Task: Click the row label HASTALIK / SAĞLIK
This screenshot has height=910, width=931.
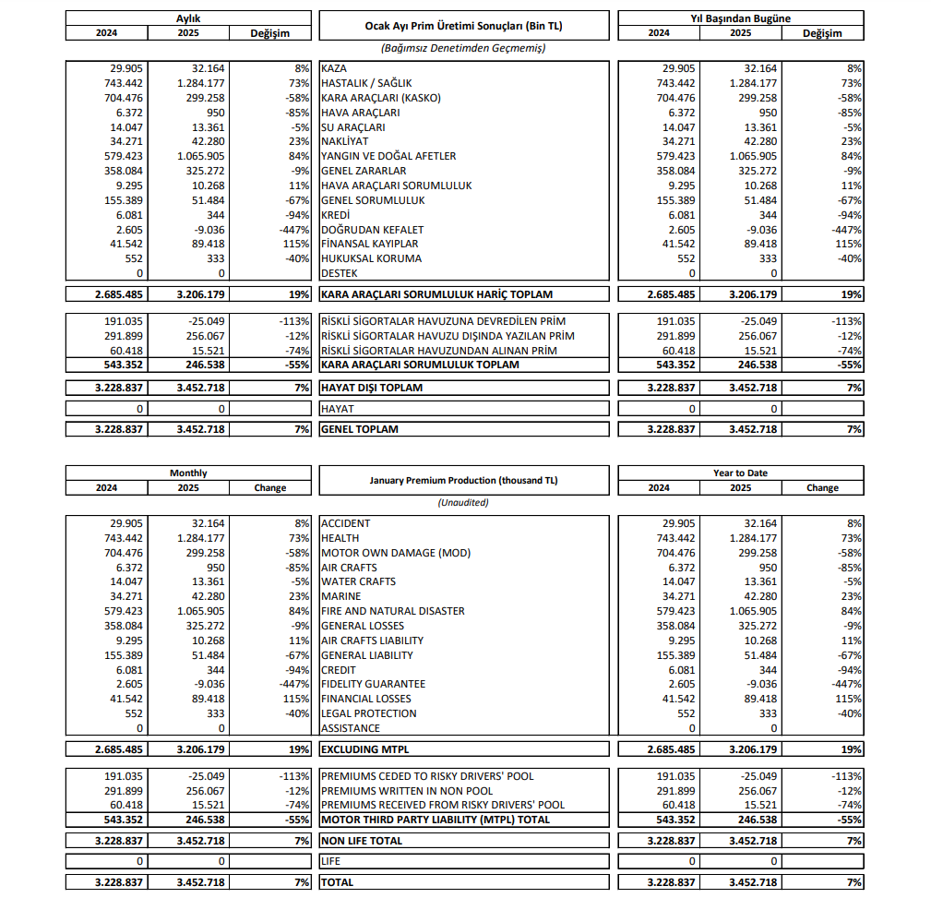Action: click(365, 83)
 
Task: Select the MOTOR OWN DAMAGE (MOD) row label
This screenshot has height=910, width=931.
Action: click(395, 553)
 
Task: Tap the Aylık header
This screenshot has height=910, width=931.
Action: click(188, 18)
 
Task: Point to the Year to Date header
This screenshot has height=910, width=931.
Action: click(740, 473)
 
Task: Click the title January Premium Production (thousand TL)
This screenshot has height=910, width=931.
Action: click(463, 480)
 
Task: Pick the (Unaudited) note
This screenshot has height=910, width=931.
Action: click(463, 503)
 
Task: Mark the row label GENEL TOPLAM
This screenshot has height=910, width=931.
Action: click(360, 429)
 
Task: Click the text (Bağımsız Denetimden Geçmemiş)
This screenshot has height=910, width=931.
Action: click(463, 47)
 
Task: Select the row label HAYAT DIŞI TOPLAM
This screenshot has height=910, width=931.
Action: click(372, 388)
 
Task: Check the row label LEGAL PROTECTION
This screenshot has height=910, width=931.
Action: click(368, 713)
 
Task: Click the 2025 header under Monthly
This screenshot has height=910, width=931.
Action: click(187, 487)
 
